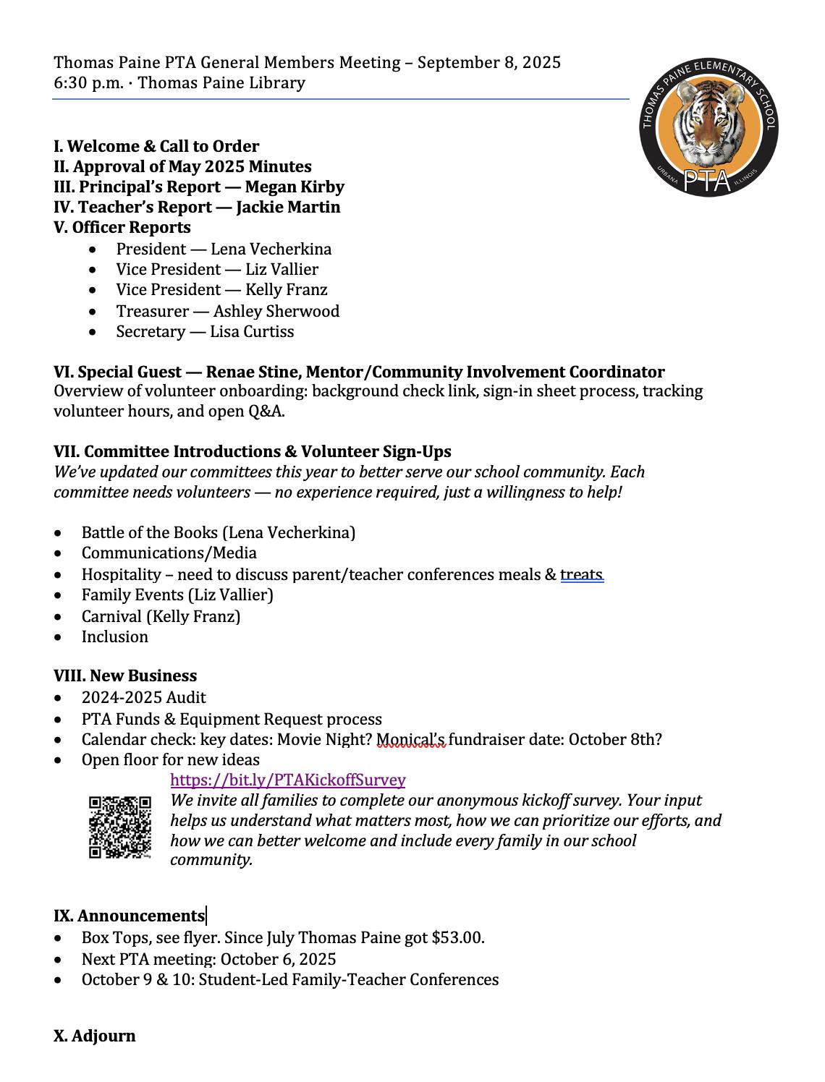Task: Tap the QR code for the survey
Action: click(120, 827)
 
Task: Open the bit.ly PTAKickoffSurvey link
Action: click(287, 780)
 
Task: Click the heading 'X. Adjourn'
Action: click(94, 1036)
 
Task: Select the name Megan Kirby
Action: click(295, 187)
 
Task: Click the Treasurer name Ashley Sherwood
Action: click(276, 311)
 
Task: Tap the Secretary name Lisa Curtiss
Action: click(252, 331)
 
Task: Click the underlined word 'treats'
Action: click(581, 574)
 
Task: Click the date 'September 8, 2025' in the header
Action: click(488, 62)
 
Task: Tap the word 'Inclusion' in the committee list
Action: click(114, 636)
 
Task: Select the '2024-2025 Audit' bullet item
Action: click(143, 697)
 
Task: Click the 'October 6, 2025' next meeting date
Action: click(278, 959)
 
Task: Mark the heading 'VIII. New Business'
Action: click(125, 676)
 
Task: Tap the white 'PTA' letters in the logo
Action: click(707, 180)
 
